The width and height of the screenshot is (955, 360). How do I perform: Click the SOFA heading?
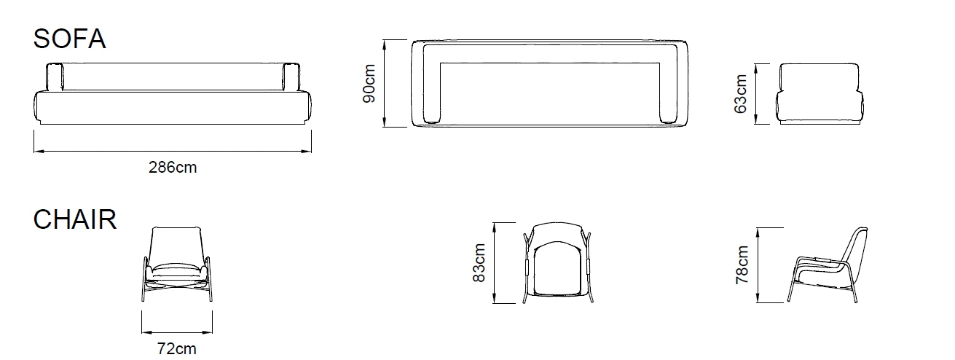pos(70,39)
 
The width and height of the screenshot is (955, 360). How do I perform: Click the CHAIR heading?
pos(75,219)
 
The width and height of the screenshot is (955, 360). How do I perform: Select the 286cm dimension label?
pos(173,168)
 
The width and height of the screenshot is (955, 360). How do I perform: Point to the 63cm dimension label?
pos(742,93)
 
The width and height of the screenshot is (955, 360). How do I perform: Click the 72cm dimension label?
pos(177,349)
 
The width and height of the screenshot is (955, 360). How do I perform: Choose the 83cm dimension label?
pos(479,263)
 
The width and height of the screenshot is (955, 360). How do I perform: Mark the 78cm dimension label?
pos(742,264)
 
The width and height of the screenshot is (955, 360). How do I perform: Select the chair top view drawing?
pos(559,262)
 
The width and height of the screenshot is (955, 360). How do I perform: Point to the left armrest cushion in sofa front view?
pos(55,77)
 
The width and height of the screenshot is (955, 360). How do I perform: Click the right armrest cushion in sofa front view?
pos(291,77)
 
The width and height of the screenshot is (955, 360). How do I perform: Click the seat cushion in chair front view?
pos(177,267)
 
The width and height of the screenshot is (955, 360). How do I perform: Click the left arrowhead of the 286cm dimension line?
pos(36,152)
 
